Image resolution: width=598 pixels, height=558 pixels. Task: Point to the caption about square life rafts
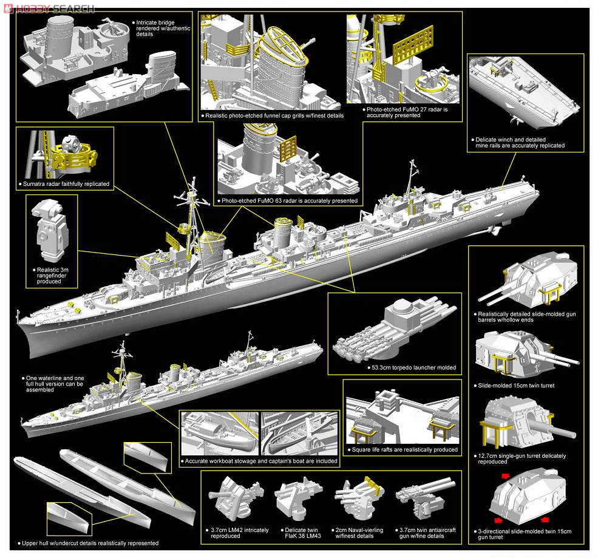point(403,450)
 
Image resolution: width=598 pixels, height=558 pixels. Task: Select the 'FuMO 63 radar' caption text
point(290,200)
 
